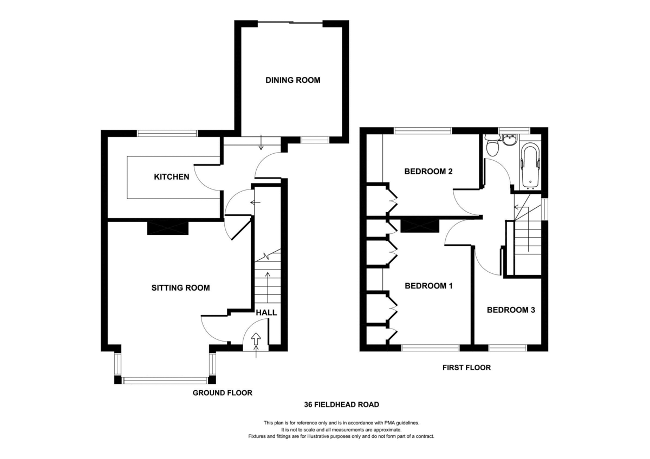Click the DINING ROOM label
click(x=293, y=80)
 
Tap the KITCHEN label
click(x=172, y=177)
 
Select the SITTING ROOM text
click(x=180, y=288)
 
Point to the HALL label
click(x=266, y=312)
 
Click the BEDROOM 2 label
click(x=428, y=172)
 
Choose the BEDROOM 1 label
click(x=428, y=286)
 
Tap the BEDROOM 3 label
click(x=511, y=310)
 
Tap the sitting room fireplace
click(x=168, y=228)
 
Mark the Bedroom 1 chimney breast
click(x=420, y=226)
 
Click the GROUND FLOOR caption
click(x=223, y=393)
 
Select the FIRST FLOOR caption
click(x=466, y=368)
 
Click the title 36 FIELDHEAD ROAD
click(x=342, y=404)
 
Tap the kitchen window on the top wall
click(x=167, y=133)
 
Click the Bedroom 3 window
click(x=508, y=347)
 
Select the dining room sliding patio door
click(x=290, y=22)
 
